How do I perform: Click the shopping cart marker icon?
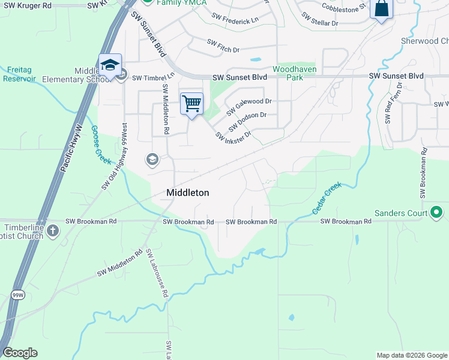pyautogui.click(x=191, y=103)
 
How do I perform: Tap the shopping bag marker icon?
pyautogui.click(x=381, y=9)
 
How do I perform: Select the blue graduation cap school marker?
pyautogui.click(x=110, y=65)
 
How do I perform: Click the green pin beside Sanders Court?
pyautogui.click(x=436, y=212)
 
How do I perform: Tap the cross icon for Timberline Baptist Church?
pyautogui.click(x=53, y=230)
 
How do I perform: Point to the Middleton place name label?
pyautogui.click(x=188, y=193)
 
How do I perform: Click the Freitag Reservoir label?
pyautogui.click(x=19, y=74)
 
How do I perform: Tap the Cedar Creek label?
pyautogui.click(x=327, y=199)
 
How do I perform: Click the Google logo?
pyautogui.click(x=20, y=353)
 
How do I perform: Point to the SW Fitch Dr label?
pyautogui.click(x=223, y=43)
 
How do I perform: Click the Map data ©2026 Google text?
pyautogui.click(x=411, y=355)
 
